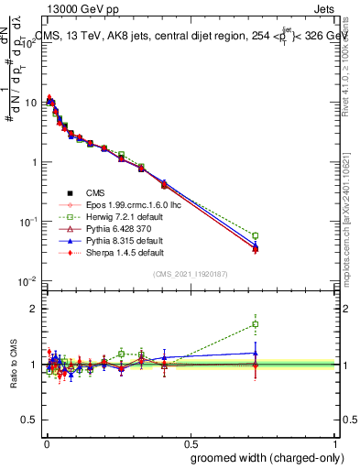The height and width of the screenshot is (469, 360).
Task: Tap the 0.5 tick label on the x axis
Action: pyautogui.click(x=190, y=439)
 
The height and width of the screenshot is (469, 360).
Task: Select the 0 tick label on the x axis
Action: pyautogui.click(x=45, y=439)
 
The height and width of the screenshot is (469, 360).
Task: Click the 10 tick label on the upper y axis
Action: pyautogui.click(x=32, y=103)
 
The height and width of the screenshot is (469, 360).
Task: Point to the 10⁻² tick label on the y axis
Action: pyautogui.click(x=29, y=281)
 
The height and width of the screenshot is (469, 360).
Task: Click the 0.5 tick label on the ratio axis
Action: pyautogui.click(x=31, y=420)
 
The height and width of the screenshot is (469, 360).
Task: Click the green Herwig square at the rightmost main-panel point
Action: pyautogui.click(x=256, y=235)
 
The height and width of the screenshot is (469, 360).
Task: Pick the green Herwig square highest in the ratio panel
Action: pyautogui.click(x=256, y=323)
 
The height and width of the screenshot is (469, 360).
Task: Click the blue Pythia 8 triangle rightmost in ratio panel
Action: pyautogui.click(x=256, y=353)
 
